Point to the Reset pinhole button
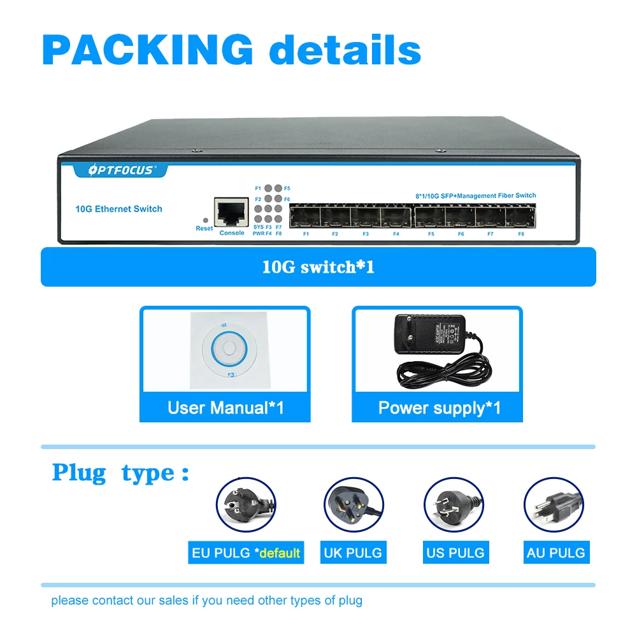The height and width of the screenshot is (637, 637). click(x=204, y=218)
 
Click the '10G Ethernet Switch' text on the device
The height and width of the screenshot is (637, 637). click(x=118, y=209)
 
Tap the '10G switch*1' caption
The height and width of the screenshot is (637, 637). click(x=318, y=266)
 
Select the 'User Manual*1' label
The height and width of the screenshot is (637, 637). click(x=225, y=408)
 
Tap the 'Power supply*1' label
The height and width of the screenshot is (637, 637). click(x=440, y=408)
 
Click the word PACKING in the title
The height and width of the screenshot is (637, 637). click(x=148, y=49)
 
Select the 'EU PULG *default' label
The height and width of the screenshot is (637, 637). click(x=246, y=552)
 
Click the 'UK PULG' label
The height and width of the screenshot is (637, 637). click(x=353, y=552)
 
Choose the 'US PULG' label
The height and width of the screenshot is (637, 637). click(x=455, y=552)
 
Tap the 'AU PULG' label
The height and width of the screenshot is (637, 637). click(x=555, y=552)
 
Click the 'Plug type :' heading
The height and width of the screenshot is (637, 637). click(x=121, y=473)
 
